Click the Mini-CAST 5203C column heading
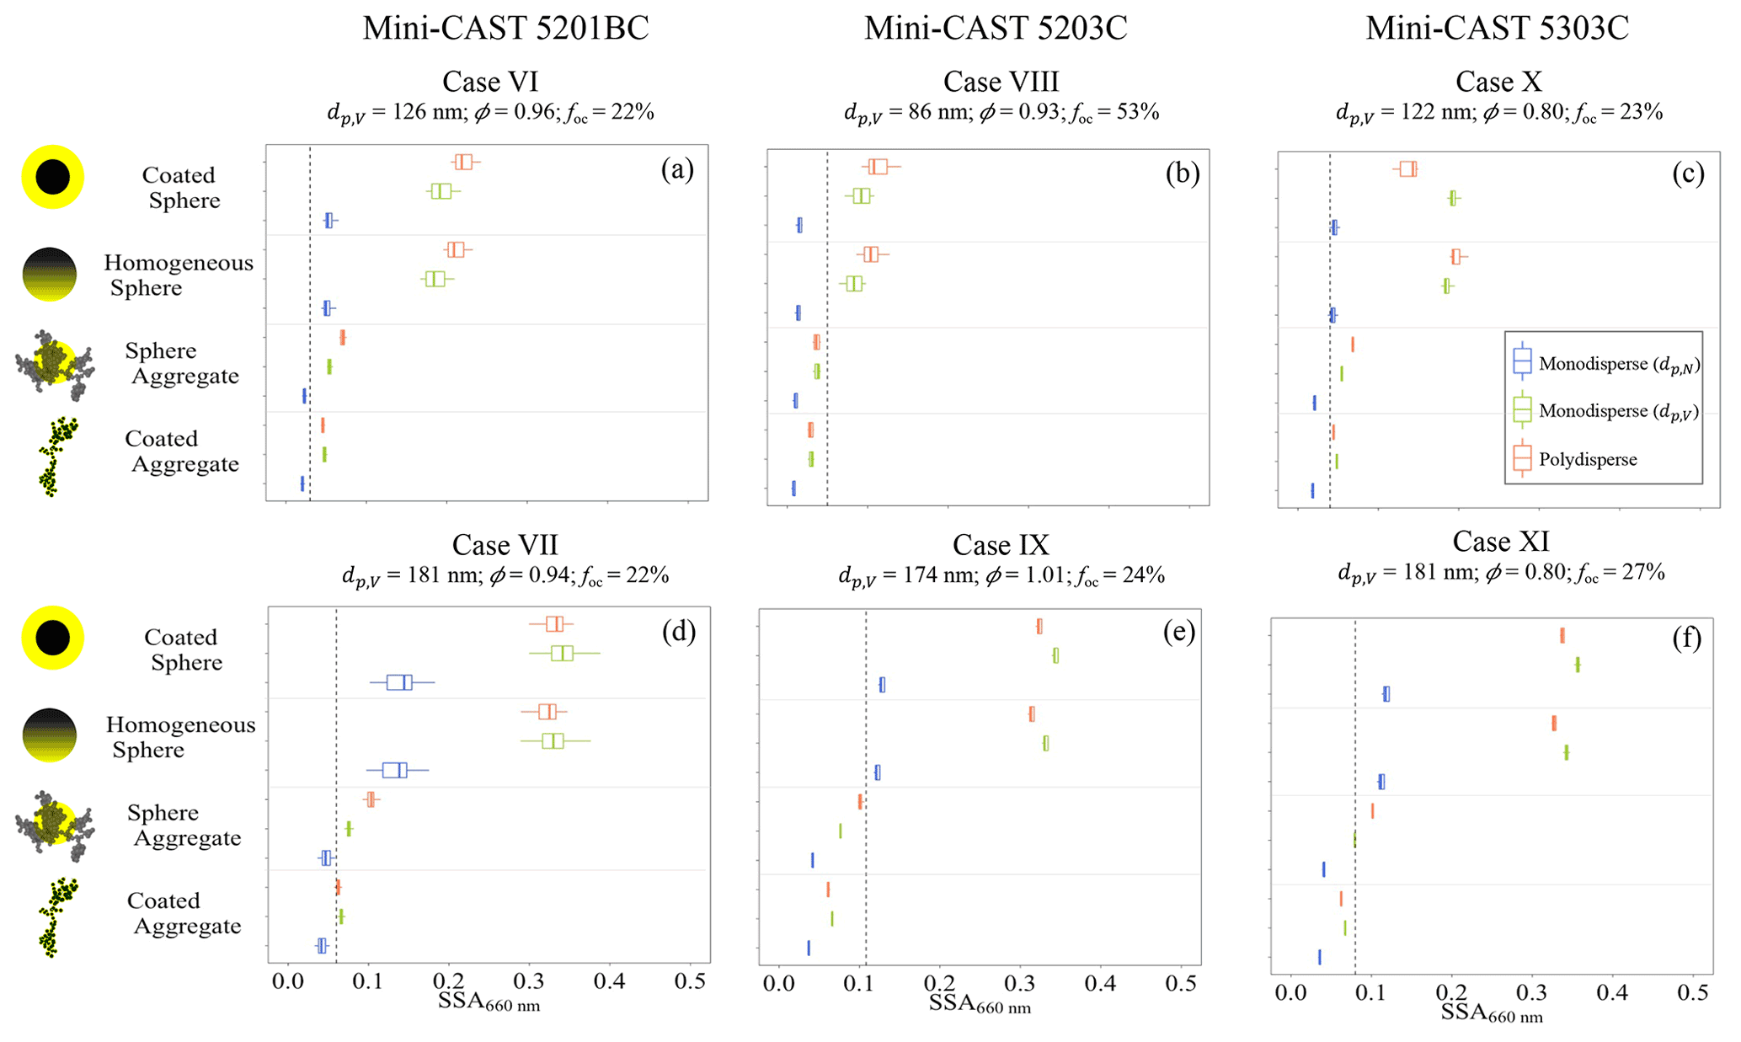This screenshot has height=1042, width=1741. pyautogui.click(x=995, y=29)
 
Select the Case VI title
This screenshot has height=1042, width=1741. pyautogui.click(x=490, y=82)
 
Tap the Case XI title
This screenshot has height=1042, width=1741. pyautogui.click(x=1501, y=542)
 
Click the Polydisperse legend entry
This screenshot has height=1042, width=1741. pyautogui.click(x=1587, y=459)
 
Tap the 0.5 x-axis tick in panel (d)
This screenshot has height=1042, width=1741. pyautogui.click(x=690, y=982)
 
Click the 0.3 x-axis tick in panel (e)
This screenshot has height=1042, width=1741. pyautogui.click(x=1020, y=983)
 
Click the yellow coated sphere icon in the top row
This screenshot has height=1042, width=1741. pyautogui.click(x=53, y=176)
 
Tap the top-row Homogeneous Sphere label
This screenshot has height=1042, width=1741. pyautogui.click(x=178, y=275)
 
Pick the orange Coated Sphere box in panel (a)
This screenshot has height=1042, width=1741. pyautogui.click(x=463, y=162)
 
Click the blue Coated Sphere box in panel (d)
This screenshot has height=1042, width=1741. pyautogui.click(x=399, y=682)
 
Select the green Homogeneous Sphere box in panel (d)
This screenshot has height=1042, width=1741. pyautogui.click(x=553, y=741)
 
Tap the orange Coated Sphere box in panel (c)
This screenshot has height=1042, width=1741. pyautogui.click(x=1407, y=168)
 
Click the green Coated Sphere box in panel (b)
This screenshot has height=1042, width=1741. pyautogui.click(x=861, y=195)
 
